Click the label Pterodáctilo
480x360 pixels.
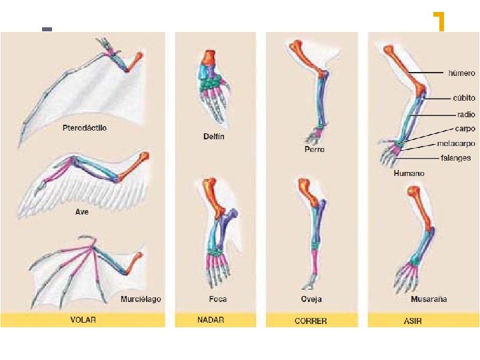coord(84,127)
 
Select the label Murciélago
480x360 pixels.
coord(140,299)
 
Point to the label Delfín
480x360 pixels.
coord(214,137)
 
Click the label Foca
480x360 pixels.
coord(213,299)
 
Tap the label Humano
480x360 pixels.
coord(409,173)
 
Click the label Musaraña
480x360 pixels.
coord(429,299)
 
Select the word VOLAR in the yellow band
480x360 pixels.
coord(83,320)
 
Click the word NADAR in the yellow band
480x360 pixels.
coord(211,320)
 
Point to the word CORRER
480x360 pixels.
coord(311,321)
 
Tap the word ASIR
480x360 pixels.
coord(413,321)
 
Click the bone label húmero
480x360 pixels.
coord(461,72)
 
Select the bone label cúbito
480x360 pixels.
coord(463,98)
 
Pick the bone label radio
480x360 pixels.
coord(466,114)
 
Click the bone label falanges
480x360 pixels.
coord(455,158)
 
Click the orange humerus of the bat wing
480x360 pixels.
coord(137,259)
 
